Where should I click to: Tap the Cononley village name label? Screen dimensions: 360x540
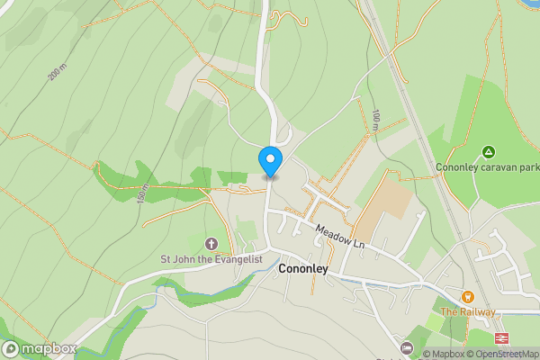pos(308,268)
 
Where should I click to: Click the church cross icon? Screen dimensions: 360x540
pos(211,243)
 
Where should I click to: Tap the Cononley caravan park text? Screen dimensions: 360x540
pos(487,166)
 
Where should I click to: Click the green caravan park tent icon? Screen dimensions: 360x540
pos(488,151)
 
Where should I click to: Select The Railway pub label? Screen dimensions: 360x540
pos(467,311)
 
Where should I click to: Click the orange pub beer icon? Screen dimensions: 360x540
pos(467,296)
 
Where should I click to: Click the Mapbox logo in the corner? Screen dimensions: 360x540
pos(40,348)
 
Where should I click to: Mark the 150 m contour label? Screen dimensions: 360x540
pos(142,193)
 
